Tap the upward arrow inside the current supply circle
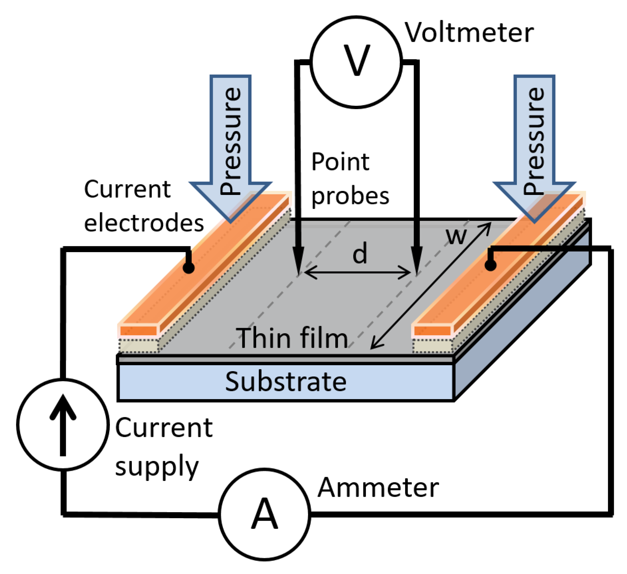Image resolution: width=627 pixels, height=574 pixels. (x=62, y=424)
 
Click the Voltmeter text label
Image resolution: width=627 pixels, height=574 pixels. (x=469, y=33)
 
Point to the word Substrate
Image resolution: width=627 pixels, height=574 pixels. (x=285, y=382)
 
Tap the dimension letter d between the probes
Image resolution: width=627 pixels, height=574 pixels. (x=359, y=253)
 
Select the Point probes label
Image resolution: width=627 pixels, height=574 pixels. (x=350, y=179)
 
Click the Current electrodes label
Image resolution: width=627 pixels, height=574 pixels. (x=143, y=206)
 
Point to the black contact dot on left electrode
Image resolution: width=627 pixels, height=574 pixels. (x=188, y=267)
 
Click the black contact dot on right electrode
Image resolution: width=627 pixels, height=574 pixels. (x=490, y=265)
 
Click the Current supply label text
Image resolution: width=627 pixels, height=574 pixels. (x=163, y=446)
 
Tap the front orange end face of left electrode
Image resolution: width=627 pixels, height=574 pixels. (x=138, y=330)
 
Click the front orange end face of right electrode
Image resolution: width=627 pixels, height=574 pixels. (x=432, y=330)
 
